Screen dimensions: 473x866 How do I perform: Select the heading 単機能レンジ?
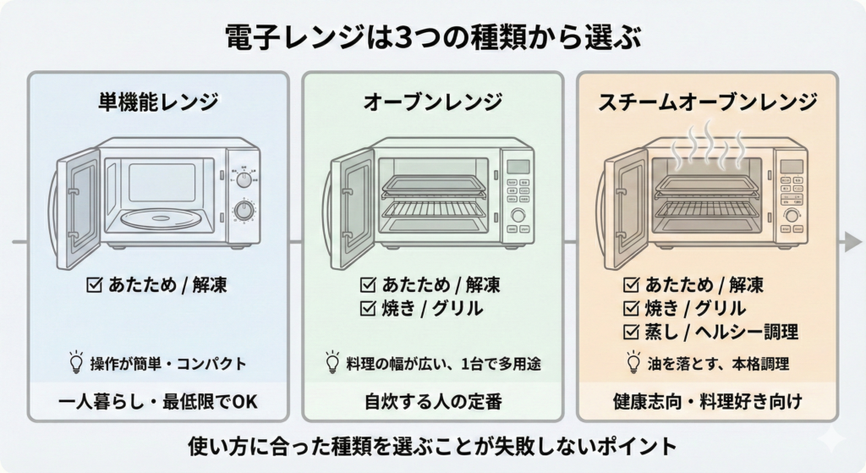[x=158, y=102]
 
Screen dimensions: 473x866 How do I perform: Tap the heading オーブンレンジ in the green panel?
[x=432, y=102]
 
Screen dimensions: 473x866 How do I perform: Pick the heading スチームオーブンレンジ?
[x=707, y=102]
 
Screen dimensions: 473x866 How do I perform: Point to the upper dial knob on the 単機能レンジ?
[x=244, y=179]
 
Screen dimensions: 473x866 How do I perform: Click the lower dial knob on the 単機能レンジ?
[x=244, y=211]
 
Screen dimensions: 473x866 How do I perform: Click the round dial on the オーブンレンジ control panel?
[x=518, y=215]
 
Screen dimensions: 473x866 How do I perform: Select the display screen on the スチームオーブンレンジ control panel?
[x=792, y=166]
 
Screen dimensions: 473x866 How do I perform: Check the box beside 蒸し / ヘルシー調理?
[x=631, y=331]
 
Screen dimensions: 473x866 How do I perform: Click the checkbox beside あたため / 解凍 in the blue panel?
[x=95, y=285]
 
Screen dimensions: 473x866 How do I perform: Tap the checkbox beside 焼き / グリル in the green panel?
[x=368, y=309]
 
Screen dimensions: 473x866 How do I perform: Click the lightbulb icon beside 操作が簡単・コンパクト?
[x=76, y=364]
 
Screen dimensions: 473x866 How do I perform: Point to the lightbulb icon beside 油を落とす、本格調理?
[x=632, y=364]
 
